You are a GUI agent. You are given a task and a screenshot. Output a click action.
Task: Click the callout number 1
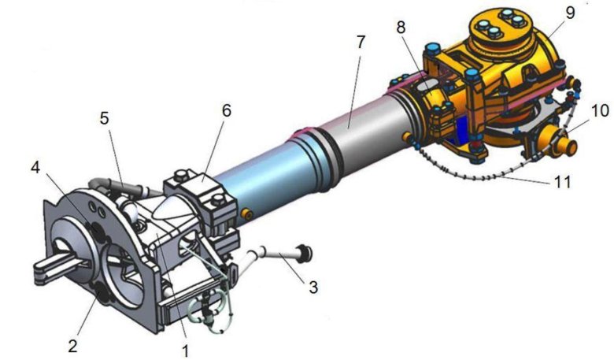point(185,349)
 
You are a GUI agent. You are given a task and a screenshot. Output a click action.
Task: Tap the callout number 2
point(72,346)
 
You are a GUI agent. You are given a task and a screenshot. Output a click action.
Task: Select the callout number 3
point(313,288)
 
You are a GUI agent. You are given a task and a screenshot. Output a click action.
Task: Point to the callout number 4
point(35,168)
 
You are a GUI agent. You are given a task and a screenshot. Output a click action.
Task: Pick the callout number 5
point(104,118)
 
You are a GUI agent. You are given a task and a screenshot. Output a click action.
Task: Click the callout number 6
point(227,111)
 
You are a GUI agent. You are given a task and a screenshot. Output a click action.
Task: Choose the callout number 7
point(361,42)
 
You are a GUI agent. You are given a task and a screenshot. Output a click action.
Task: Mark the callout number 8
point(401,28)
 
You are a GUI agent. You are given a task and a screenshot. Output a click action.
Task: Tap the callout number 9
point(571,13)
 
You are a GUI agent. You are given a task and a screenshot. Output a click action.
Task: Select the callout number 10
point(600,111)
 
